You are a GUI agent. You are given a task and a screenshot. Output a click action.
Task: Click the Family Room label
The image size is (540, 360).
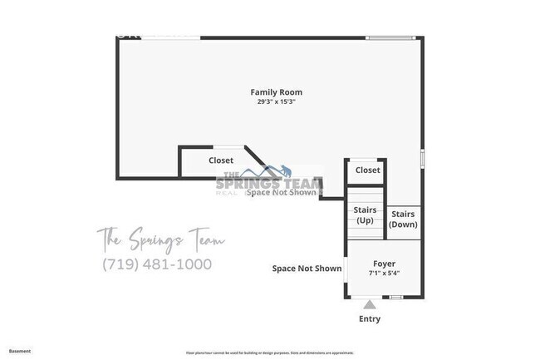point(277,91)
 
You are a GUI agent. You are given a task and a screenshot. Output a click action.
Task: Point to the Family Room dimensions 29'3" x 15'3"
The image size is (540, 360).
point(277,101)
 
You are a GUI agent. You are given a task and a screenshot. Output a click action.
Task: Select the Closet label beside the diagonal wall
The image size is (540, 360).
point(221,160)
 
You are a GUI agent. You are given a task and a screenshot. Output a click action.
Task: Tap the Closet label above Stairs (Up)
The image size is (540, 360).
point(367,170)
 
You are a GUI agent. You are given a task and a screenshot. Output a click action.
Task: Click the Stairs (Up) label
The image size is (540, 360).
point(364,215)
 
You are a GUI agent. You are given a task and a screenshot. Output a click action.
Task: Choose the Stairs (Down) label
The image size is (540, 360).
point(404,219)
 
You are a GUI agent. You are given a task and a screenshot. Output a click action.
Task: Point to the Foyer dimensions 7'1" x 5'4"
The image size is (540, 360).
point(384,273)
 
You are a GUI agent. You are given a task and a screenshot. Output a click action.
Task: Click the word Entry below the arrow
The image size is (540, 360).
point(370,319)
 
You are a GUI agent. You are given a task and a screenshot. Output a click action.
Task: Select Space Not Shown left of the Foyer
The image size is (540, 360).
point(307,269)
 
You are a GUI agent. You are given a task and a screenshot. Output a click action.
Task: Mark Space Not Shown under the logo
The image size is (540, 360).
point(281,192)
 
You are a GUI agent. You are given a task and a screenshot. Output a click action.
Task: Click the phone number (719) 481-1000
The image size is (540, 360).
point(156,264)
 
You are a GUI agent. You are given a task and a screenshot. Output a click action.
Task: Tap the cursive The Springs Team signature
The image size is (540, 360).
point(160,240)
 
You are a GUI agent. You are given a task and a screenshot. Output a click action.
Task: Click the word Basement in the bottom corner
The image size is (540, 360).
point(20,351)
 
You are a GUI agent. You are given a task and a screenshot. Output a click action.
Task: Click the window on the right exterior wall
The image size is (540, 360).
point(422,158)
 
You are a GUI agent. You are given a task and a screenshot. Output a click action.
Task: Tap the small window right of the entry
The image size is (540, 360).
point(397,297)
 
